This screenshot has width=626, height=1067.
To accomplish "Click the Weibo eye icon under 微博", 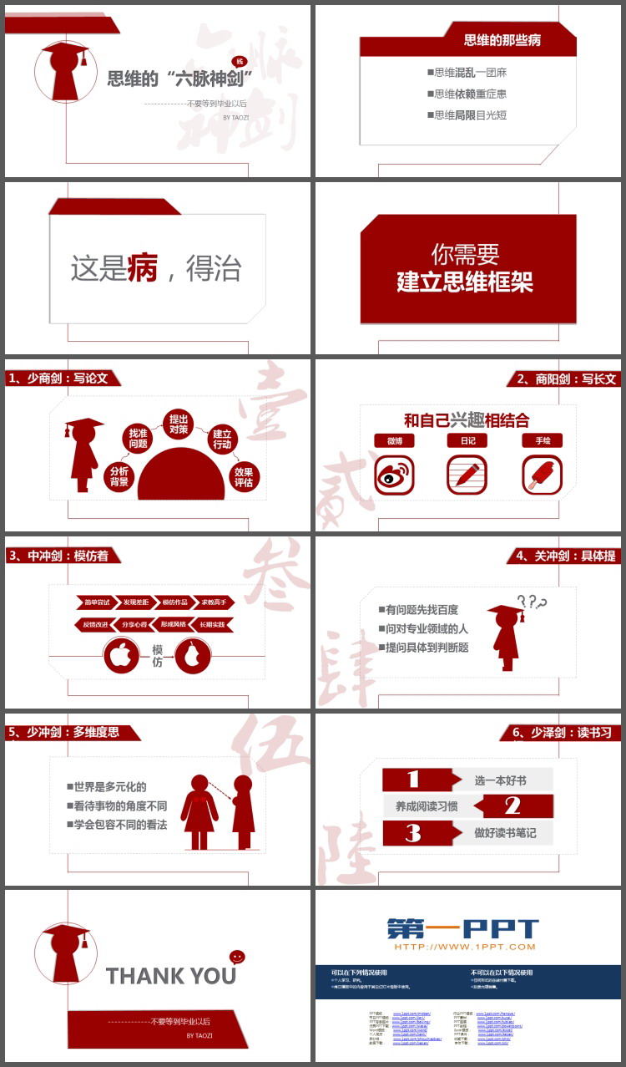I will point(394,475).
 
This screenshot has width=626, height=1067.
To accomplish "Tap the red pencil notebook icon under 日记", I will point(467,475).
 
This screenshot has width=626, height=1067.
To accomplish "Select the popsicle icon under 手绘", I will point(542,475).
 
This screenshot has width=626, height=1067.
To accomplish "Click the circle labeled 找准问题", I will point(138,438).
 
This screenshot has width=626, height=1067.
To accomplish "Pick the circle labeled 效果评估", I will point(244,477).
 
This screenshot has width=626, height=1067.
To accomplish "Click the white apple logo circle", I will point(122,656).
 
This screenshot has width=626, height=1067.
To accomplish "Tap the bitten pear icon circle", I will point(193,656).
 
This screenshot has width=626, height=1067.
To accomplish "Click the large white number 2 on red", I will point(512,806).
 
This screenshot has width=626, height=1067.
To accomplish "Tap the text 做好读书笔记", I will point(505,833).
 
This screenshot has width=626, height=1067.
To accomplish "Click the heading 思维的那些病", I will point(502,39).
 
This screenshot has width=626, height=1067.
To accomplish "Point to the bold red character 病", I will point(143,268).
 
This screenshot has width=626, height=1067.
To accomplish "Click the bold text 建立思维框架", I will point(465,282).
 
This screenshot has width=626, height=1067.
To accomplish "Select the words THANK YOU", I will point(171,976).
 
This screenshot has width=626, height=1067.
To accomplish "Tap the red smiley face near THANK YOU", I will point(237,957).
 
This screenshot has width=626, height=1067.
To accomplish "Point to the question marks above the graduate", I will point(532,602).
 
